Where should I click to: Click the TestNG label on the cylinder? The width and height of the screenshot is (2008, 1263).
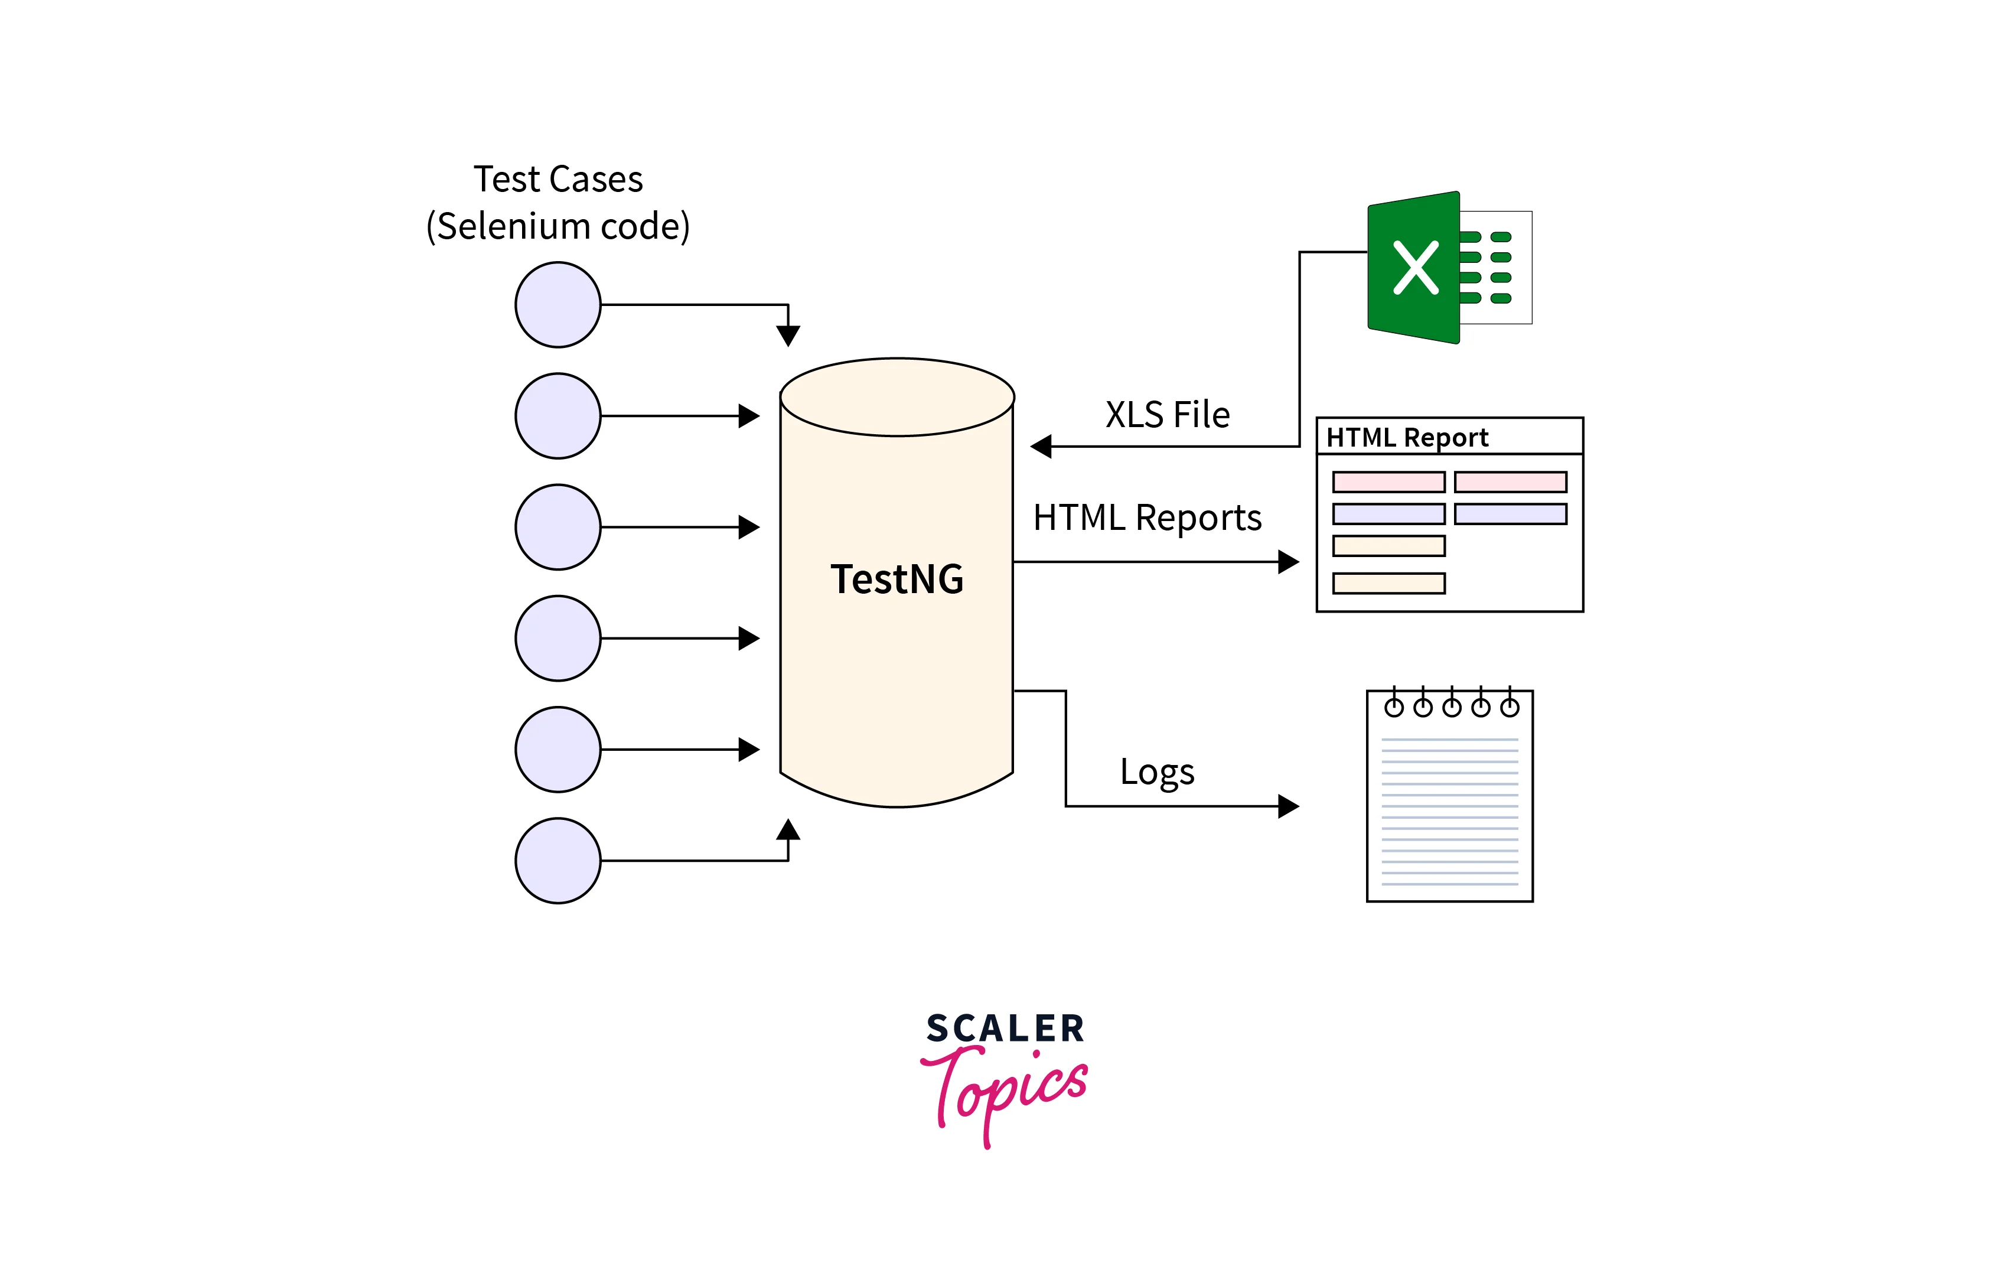(897, 579)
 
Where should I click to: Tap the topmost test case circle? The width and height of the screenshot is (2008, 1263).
(558, 304)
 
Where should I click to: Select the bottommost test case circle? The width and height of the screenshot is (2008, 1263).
(558, 860)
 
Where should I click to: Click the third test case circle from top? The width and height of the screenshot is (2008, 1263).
(558, 527)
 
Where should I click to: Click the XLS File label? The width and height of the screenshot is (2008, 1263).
(1168, 415)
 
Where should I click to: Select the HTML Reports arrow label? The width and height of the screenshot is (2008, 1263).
(1146, 518)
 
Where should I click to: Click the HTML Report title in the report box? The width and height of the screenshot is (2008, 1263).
(1407, 437)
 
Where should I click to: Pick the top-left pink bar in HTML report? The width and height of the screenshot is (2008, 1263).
(1388, 482)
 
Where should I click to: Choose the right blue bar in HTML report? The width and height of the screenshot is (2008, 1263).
(1510, 514)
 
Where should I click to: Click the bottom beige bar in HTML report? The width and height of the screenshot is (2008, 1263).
(1388, 583)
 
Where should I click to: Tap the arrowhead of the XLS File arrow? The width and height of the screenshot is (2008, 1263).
(1041, 447)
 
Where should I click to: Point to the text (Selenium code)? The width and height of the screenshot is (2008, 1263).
(558, 226)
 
